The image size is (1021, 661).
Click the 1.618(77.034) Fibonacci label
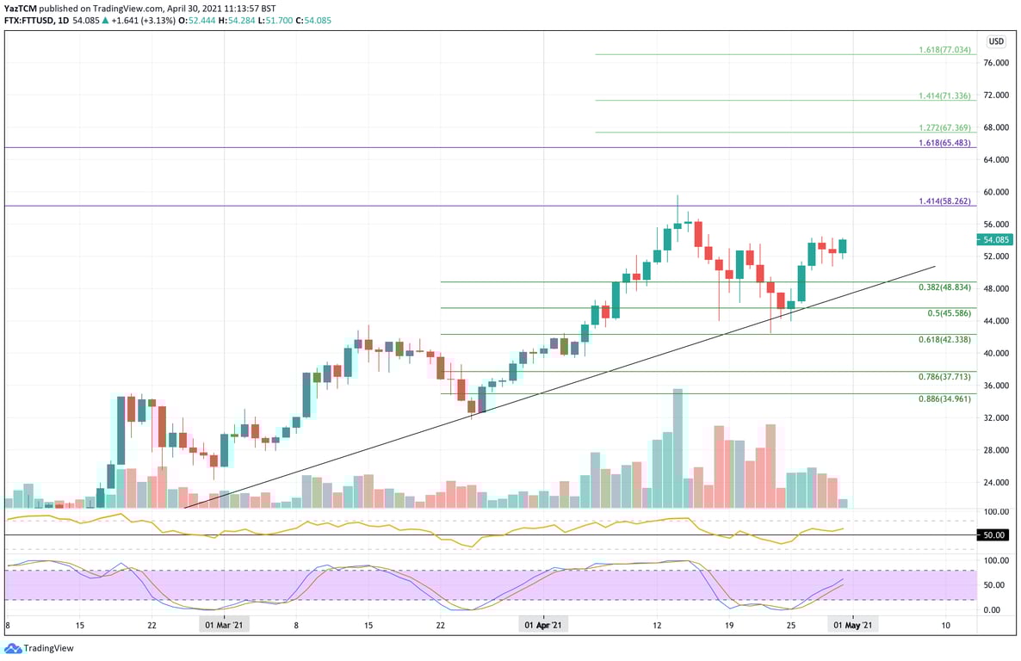coord(944,50)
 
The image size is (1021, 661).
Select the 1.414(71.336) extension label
coord(944,96)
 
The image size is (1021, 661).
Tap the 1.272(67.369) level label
coord(944,127)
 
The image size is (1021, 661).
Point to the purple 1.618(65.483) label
coord(944,143)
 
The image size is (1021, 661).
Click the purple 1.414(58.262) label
coord(944,201)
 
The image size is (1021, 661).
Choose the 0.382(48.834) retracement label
coord(944,287)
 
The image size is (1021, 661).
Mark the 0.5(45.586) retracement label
coord(949,313)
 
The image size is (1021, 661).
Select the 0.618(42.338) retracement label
coord(944,340)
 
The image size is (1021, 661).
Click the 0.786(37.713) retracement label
coord(944,377)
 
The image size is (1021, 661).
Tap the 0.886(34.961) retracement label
coord(944,399)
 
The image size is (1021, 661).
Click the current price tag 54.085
coord(996,240)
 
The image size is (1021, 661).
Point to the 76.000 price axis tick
coord(996,63)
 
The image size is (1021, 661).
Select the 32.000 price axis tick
coord(996,417)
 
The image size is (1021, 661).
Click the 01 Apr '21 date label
coord(543,625)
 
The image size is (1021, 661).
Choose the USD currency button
coord(996,41)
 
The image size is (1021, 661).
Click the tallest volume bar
coord(678,448)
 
